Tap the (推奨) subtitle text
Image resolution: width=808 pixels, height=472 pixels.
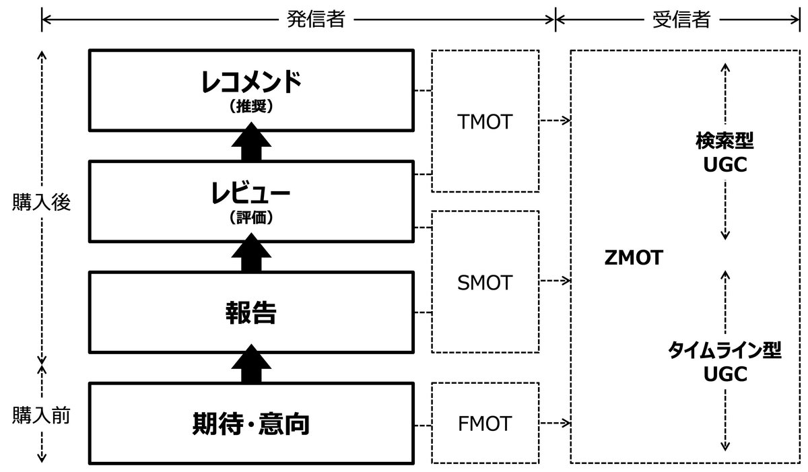point(250,106)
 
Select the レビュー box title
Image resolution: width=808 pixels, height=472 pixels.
point(250,194)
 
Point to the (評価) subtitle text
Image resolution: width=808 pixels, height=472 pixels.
point(250,218)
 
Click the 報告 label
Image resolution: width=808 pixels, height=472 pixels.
point(250,312)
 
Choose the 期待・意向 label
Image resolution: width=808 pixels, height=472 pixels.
point(250,424)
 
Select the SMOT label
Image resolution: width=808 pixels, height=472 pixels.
point(484,282)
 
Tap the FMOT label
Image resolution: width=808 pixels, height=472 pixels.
point(484,424)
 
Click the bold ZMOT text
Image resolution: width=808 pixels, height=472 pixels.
point(634,257)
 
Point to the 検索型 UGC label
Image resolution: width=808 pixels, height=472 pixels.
point(725,153)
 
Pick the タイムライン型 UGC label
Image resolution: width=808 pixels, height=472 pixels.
point(725,362)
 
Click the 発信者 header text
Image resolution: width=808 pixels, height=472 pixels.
point(316,20)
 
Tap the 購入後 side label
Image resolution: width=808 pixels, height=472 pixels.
point(41,203)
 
